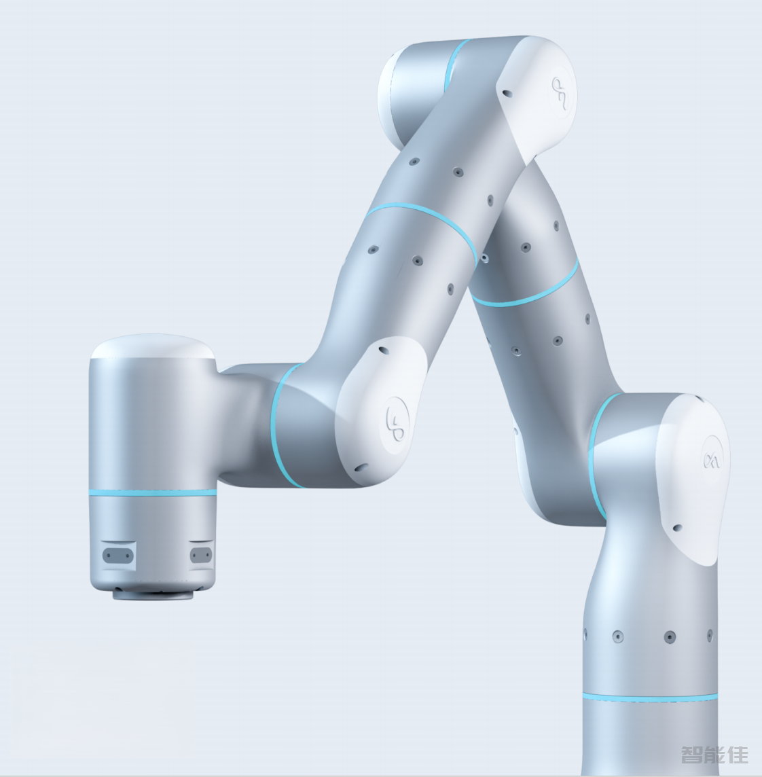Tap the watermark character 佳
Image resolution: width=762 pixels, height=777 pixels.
(738, 754)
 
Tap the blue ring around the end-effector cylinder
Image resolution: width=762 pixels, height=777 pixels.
(153, 492)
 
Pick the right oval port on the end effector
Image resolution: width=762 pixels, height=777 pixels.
(201, 554)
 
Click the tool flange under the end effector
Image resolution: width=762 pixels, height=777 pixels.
(153, 594)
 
